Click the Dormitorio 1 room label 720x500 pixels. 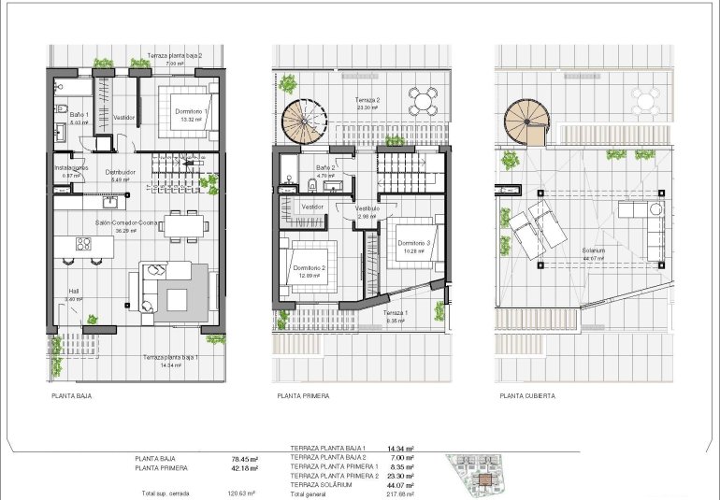pyautogui.click(x=193, y=111)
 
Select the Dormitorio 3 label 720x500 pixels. pyautogui.click(x=410, y=243)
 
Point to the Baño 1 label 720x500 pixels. pyautogui.click(x=79, y=113)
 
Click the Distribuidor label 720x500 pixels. pyautogui.click(x=122, y=172)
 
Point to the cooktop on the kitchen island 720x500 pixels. pyautogui.click(x=82, y=245)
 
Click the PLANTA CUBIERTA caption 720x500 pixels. pyautogui.click(x=527, y=396)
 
